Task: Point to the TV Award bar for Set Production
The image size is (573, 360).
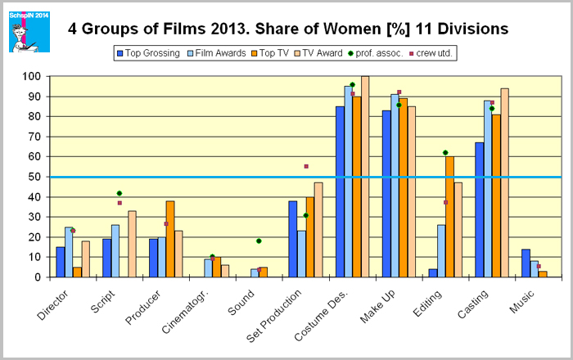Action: (x=318, y=230)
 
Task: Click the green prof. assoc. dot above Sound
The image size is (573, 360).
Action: (x=259, y=241)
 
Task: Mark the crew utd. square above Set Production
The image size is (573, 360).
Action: (x=306, y=166)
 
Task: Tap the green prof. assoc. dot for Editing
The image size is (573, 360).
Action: (x=445, y=153)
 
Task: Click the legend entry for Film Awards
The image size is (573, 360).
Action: (x=219, y=53)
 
